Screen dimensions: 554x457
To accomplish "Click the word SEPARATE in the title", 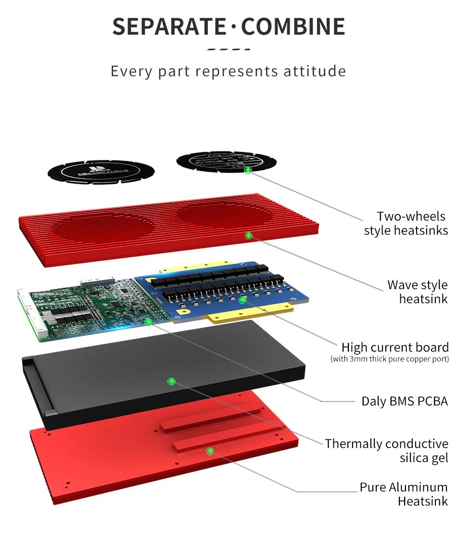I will (168, 26).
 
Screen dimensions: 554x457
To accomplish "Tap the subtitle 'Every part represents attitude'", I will (228, 71).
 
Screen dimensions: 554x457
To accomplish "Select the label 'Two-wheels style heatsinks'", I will (406, 224).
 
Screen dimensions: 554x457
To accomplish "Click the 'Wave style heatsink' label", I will (418, 292).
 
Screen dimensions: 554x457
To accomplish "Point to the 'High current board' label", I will (395, 347).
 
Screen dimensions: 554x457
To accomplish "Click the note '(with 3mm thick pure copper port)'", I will (390, 359).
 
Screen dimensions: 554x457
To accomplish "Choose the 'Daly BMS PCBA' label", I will (405, 401).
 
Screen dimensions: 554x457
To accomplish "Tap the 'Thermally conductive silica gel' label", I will (386, 450).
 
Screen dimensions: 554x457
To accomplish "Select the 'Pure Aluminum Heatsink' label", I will (404, 494).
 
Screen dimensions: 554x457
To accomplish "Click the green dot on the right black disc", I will (248, 170).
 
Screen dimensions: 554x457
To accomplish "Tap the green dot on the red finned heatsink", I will (249, 236).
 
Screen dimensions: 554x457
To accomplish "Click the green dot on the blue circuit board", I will (242, 300).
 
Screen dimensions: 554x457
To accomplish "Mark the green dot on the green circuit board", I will (148, 321).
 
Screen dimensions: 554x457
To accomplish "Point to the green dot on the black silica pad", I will (171, 382).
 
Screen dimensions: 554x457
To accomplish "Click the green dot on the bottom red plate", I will (210, 451).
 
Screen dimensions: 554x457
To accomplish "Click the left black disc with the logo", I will (101, 171).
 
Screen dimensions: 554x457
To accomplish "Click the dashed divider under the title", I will (228, 49).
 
